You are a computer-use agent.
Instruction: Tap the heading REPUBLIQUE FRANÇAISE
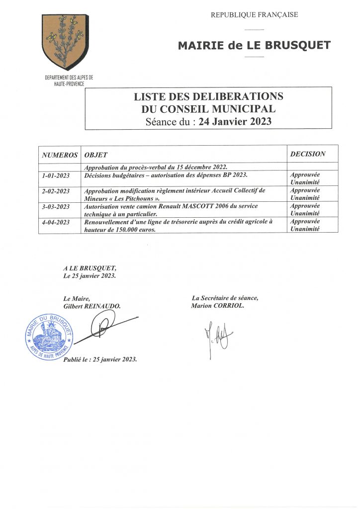coord(254,15)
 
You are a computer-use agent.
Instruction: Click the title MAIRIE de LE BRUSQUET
coord(254,46)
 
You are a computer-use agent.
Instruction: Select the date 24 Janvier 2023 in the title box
coord(235,121)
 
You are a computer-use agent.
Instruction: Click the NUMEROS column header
coord(60,155)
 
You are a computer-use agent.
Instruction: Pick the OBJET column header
coord(96,155)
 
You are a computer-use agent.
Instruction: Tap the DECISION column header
coord(308,154)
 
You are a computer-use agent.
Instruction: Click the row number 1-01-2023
coord(56,175)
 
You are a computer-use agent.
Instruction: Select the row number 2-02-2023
coord(56,191)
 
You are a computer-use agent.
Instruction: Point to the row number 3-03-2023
coord(56,206)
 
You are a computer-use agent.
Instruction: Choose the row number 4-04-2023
coord(56,222)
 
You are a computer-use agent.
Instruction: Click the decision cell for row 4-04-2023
coord(305,225)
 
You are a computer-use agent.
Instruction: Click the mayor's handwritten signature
coord(103,329)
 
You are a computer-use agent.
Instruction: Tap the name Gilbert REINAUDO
coord(92,307)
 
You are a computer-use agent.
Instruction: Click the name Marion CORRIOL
coord(217,306)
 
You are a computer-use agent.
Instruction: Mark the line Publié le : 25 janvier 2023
coord(100,359)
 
